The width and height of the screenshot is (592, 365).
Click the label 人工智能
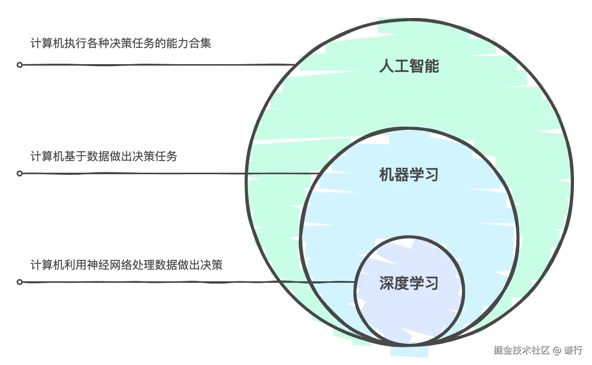point(409,67)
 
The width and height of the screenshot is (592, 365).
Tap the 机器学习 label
point(409,175)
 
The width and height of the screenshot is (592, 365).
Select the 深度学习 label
point(409,283)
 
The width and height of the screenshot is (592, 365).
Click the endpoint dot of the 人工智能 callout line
point(20,65)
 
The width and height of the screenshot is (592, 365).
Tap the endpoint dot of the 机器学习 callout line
point(20,173)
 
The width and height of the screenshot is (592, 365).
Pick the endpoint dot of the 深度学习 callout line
point(20,282)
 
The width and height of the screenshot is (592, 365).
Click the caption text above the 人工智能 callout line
point(120,43)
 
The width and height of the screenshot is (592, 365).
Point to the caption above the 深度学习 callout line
point(126,265)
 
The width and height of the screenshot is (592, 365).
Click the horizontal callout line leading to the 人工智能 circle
point(151,65)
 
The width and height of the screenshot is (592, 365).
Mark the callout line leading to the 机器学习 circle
point(151,173)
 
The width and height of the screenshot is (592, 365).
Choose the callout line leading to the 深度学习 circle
point(151,282)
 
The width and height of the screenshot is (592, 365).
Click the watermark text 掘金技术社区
point(521,350)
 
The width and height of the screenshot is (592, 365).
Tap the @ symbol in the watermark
point(557,350)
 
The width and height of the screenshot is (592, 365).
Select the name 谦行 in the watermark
point(573,350)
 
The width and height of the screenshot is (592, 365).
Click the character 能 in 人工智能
point(432,67)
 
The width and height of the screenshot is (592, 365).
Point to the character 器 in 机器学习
point(402,175)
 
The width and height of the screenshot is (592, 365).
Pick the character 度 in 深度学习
point(402,283)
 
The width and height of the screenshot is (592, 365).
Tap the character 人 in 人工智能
point(387,67)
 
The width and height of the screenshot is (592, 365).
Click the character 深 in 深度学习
point(387,283)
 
